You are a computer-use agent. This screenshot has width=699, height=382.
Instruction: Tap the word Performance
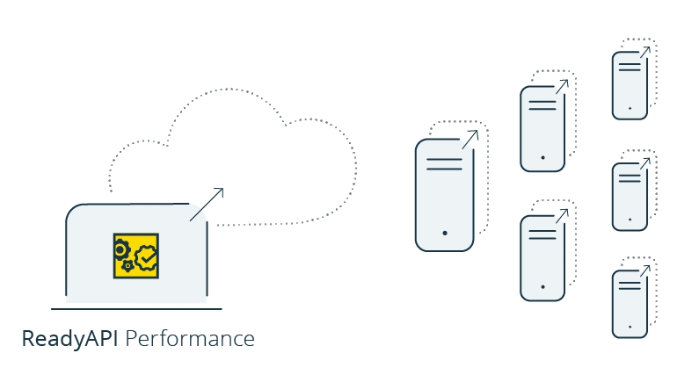[190, 338]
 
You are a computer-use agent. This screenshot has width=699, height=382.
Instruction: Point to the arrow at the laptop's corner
[207, 203]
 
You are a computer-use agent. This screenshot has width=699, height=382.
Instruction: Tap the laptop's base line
[136, 308]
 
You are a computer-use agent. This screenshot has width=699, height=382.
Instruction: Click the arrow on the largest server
[470, 139]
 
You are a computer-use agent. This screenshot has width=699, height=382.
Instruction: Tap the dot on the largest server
[445, 233]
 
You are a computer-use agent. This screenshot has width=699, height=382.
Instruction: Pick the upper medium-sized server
[542, 128]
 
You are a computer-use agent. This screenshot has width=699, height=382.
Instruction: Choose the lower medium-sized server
[542, 255]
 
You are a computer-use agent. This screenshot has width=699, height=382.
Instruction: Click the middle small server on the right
[630, 195]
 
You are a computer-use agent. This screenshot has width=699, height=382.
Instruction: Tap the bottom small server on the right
[630, 304]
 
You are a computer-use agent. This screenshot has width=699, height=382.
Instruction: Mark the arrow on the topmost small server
[644, 54]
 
